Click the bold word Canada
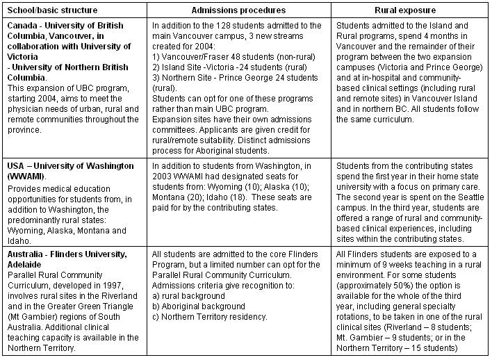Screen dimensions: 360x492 coord(22,26)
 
